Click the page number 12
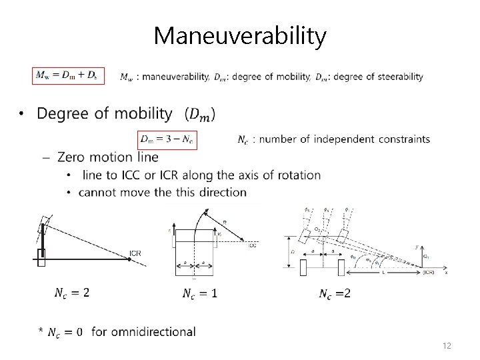coord(447,346)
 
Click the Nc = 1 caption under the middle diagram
coord(200,293)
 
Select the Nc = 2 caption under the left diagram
coord(72,293)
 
